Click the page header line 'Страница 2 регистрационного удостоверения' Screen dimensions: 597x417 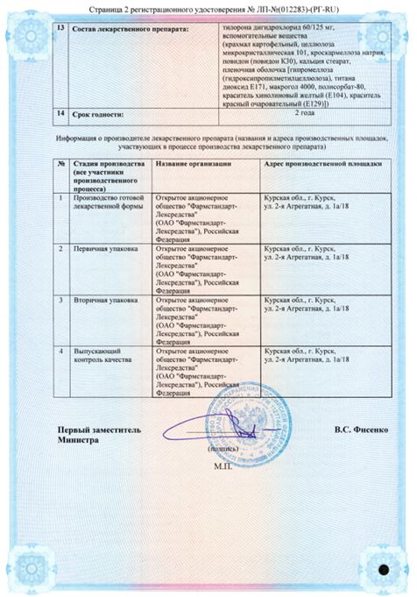click(x=208, y=8)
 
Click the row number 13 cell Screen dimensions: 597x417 click(x=60, y=28)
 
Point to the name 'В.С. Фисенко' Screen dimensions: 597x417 click(x=360, y=430)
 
